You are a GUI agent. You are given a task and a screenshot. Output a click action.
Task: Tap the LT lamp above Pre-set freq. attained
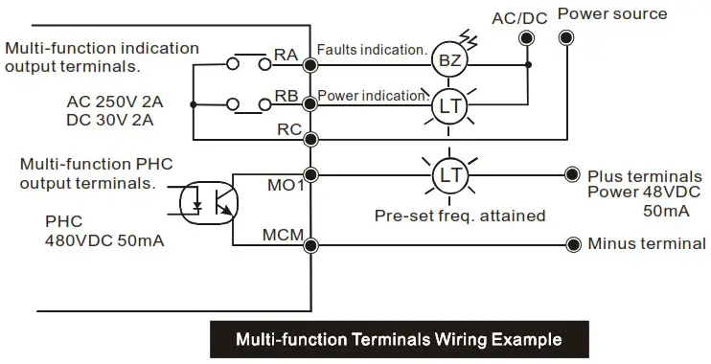[448, 175]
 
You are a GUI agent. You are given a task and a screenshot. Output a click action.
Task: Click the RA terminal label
[287, 56]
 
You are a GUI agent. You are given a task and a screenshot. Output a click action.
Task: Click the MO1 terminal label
[285, 184]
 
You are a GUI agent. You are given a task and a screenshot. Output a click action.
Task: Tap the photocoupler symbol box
[208, 199]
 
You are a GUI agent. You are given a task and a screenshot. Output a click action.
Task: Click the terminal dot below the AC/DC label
[526, 38]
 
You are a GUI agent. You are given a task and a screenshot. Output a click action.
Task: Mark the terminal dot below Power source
[566, 38]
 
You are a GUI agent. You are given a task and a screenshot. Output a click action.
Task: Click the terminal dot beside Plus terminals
[572, 175]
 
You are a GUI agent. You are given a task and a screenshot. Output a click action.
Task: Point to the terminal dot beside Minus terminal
[572, 243]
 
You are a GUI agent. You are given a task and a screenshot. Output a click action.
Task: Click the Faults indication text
[372, 50]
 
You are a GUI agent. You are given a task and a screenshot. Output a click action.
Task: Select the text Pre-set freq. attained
[460, 216]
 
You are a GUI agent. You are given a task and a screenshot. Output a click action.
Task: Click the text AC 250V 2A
[114, 102]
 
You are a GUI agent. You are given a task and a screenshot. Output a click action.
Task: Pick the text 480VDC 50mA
[103, 240]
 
